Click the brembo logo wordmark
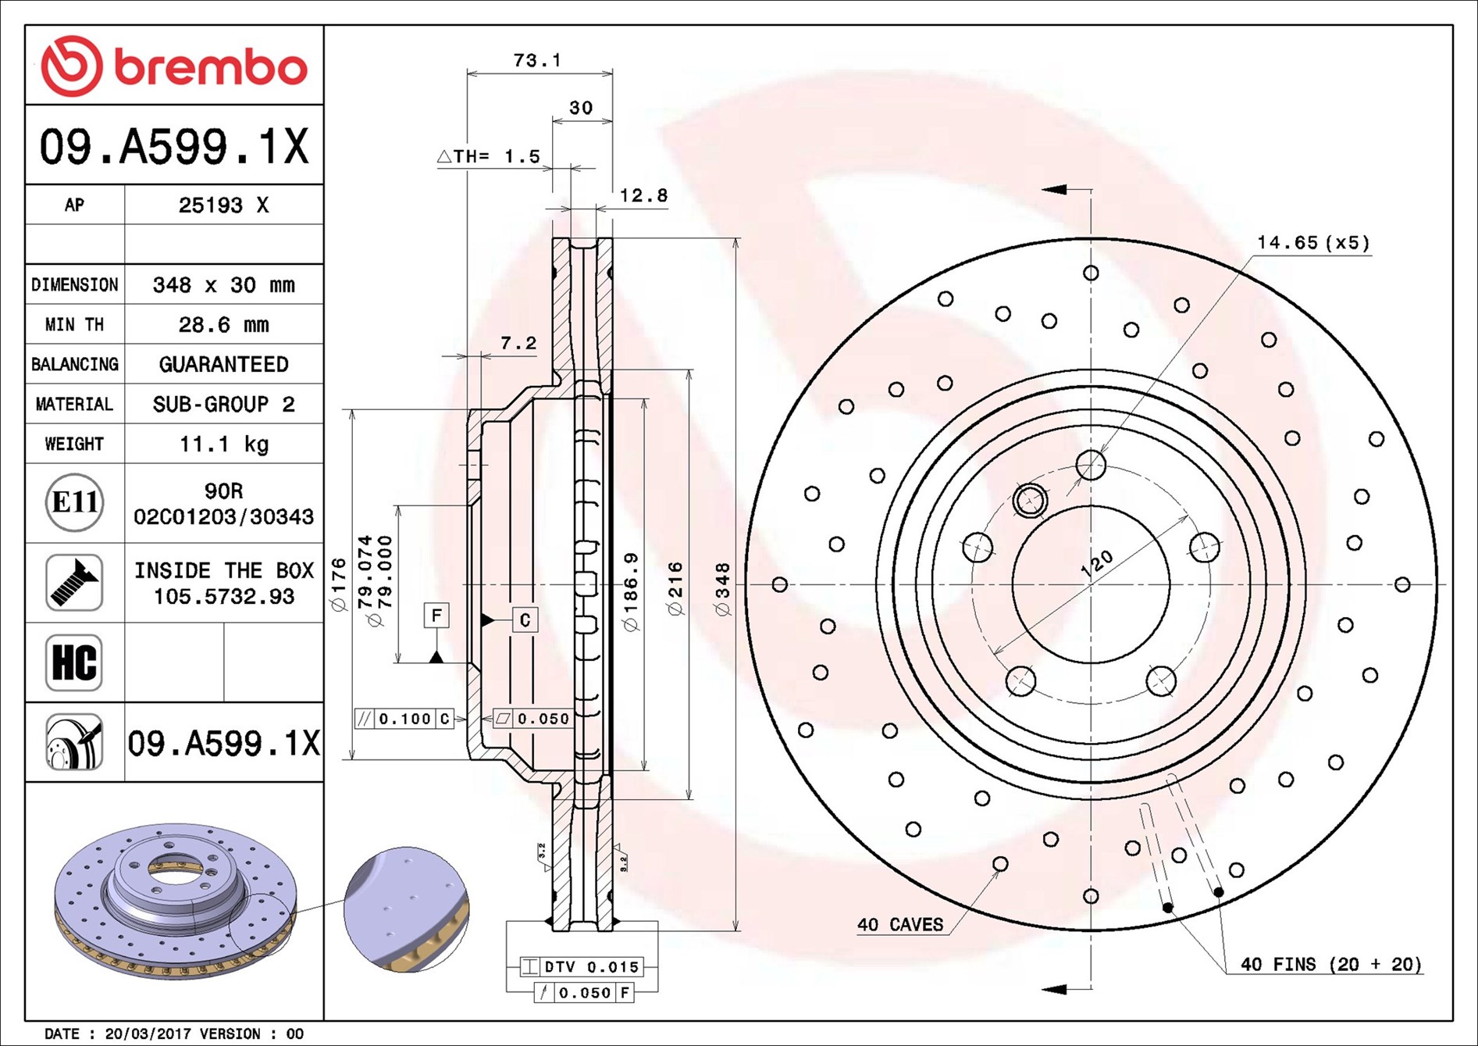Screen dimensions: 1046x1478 (x=211, y=67)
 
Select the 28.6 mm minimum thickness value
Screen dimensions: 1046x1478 (x=223, y=324)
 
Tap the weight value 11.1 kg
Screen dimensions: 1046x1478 (x=223, y=444)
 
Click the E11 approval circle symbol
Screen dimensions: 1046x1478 (x=74, y=502)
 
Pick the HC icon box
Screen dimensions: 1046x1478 (x=74, y=662)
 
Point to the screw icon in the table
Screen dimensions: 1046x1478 (x=74, y=583)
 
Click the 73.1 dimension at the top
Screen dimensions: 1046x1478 (x=537, y=60)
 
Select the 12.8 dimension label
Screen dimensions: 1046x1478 (x=643, y=195)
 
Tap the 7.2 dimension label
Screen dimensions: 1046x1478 (x=518, y=343)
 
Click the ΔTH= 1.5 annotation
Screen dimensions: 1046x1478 (x=489, y=156)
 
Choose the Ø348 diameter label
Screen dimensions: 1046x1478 (x=723, y=590)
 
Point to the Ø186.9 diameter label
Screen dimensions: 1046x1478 (x=631, y=592)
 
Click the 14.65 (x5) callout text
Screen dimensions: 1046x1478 (x=1313, y=243)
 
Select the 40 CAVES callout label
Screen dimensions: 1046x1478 (x=900, y=925)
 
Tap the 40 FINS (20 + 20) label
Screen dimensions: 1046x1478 (x=1331, y=965)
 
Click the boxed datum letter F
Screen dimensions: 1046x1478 (x=436, y=616)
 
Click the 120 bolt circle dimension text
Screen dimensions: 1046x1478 (x=1097, y=564)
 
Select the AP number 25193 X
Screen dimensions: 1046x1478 (x=223, y=205)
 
